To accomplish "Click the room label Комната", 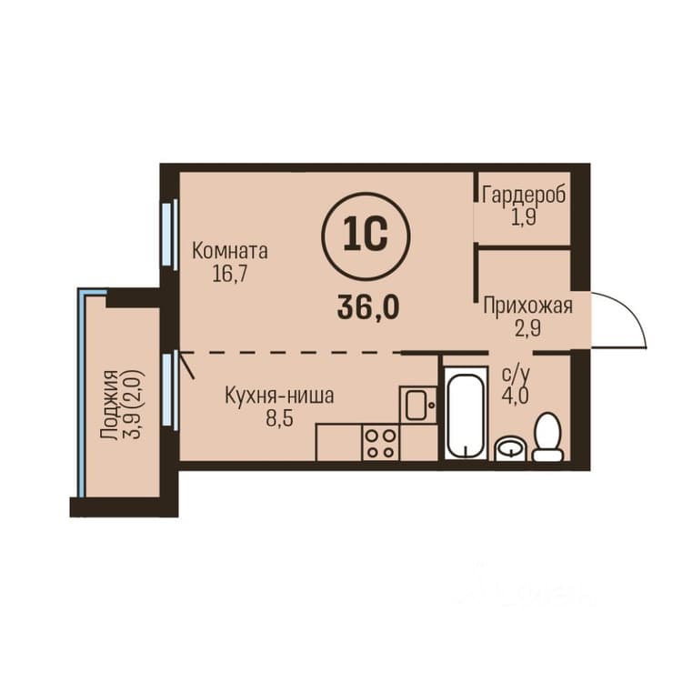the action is coord(230,251).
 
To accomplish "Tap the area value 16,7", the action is coord(230,274).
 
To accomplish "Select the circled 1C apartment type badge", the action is coord(366,236).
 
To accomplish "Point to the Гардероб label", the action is coord(524,195).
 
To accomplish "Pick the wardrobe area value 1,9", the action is coord(524,217).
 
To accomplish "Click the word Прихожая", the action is coord(528,306).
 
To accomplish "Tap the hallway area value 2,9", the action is coord(528,328).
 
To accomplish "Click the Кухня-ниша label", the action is coord(279,396).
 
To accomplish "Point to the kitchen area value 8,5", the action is coord(279,419).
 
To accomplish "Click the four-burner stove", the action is coord(381,442).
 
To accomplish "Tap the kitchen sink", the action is coord(418,405).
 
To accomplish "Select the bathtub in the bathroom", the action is coord(466,412).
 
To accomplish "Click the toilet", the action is coord(548,436).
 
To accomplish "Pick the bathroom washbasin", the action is coord(511,448).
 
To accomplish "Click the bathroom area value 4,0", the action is coord(516,396).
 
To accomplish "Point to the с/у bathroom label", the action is coord(517,374).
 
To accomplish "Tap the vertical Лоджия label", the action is coord(109,405).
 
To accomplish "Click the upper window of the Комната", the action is coord(170,235).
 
